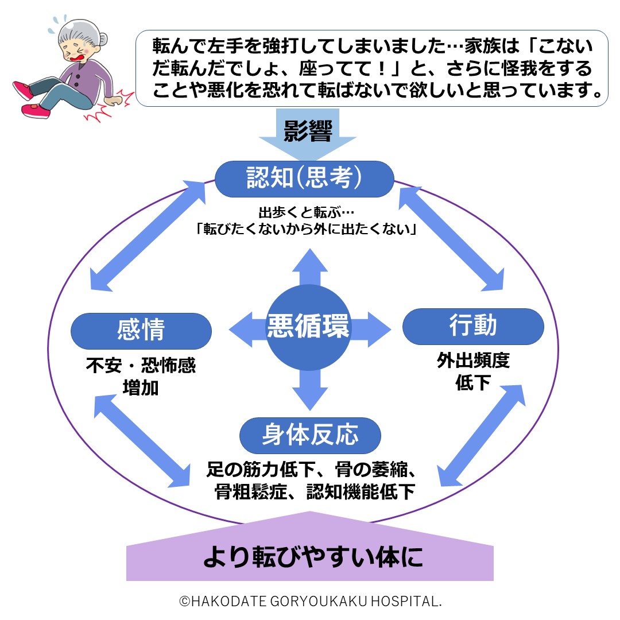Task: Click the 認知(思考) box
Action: tap(304, 179)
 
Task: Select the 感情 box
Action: tap(141, 331)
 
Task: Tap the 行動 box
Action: tap(473, 326)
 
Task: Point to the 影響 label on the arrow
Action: tap(308, 131)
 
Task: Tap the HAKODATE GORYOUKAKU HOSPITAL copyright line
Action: tap(310, 601)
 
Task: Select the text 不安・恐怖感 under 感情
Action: tap(141, 366)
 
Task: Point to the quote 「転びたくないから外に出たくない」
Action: tap(306, 229)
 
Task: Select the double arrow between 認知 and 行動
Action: tap(454, 237)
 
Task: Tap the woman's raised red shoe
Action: tap(24, 90)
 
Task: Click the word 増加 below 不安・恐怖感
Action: tap(141, 387)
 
